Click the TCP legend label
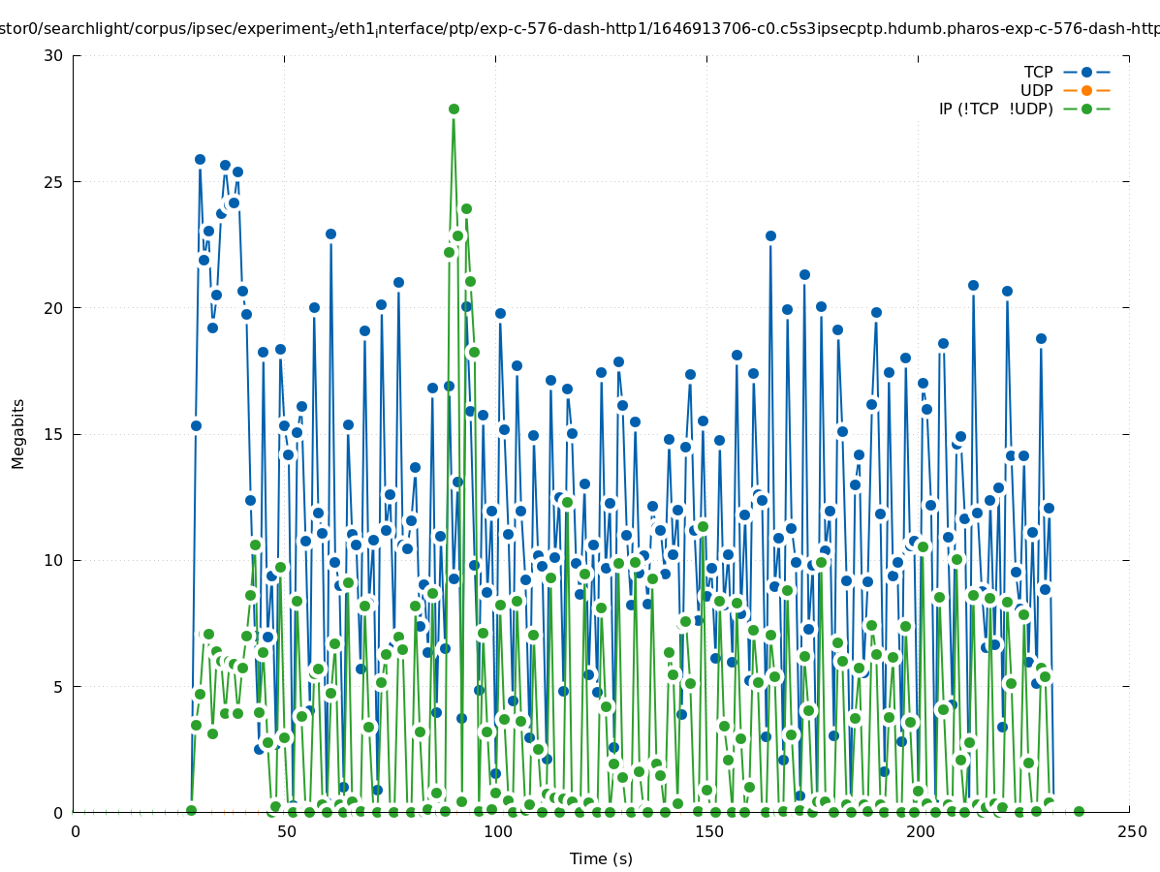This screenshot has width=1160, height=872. pos(1038,72)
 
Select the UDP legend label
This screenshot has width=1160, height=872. pos(1036,90)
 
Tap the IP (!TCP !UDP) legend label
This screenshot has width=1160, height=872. pos(995,109)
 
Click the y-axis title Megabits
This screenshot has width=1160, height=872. pos(18,433)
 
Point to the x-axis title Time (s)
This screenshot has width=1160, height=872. pos(601,858)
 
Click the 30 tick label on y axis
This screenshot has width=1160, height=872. pos(53,55)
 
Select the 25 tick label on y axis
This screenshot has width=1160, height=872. pos(53,182)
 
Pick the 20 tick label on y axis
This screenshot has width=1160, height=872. pos(53,308)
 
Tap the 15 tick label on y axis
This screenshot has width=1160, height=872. pos(53,434)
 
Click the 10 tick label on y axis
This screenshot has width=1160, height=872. pos(53,560)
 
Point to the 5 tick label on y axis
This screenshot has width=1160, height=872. pos(58,686)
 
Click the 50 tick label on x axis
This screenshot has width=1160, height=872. pos(285,831)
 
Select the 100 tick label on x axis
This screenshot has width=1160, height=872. pos(496,831)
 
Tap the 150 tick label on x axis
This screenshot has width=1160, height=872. pos(708,831)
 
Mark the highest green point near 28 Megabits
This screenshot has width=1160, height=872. pos(454,109)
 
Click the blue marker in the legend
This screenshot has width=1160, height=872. pos(1086,72)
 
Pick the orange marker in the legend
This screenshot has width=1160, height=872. pos(1086,90)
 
